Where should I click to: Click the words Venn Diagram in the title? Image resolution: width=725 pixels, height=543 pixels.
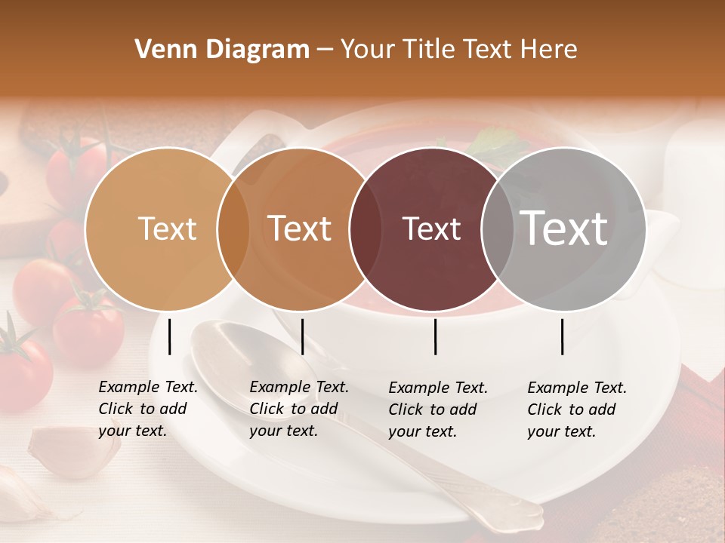(222, 50)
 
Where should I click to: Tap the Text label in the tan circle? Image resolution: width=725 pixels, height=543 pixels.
(168, 229)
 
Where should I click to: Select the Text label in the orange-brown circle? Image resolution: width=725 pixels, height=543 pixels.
(300, 229)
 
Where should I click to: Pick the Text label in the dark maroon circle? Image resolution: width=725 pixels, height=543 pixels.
(431, 229)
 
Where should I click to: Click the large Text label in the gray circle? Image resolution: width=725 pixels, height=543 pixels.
(564, 228)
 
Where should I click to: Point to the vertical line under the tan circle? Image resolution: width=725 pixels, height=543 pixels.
(169, 336)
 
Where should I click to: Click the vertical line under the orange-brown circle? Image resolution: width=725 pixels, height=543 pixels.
(302, 336)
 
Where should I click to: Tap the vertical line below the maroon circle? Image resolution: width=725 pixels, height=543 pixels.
(435, 336)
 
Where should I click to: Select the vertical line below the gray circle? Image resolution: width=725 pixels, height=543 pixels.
(563, 336)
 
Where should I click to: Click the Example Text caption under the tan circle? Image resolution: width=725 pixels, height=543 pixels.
(148, 409)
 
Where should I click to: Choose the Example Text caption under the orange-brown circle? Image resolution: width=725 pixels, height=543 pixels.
(299, 409)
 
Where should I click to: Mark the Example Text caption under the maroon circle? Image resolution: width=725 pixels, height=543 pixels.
(438, 410)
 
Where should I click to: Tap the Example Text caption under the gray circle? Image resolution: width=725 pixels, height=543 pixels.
(577, 410)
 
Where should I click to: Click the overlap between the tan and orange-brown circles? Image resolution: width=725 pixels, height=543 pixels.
(233, 229)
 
